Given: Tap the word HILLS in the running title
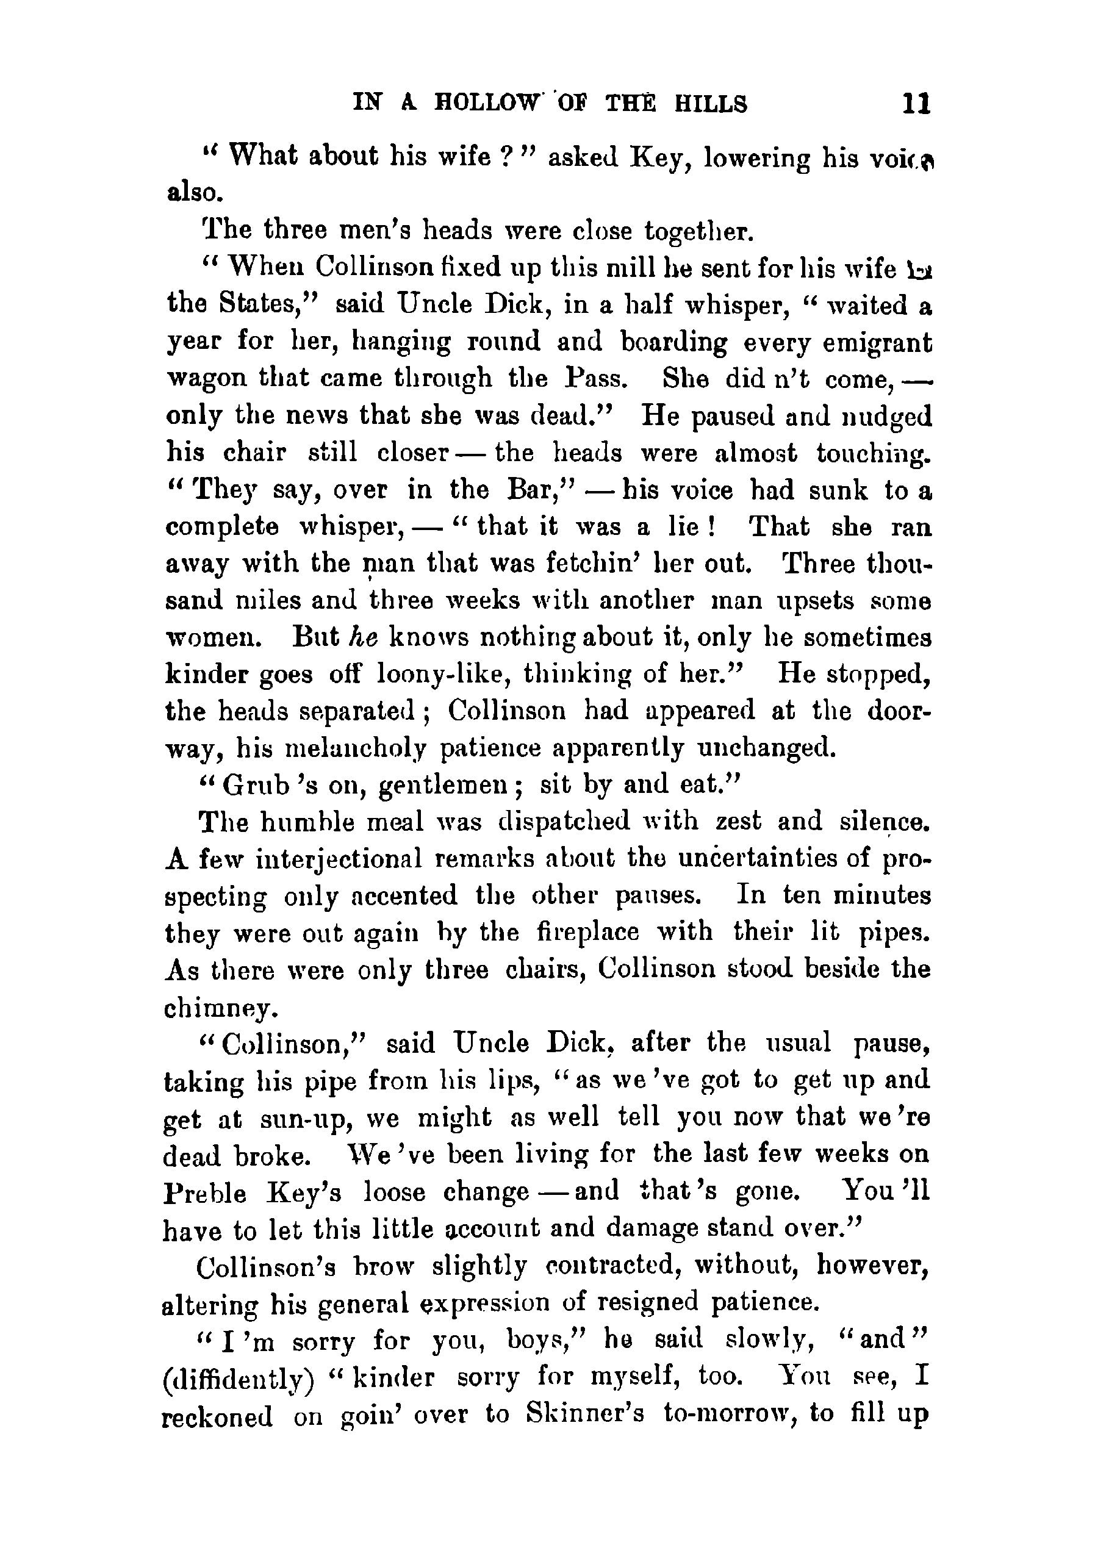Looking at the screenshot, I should (711, 104).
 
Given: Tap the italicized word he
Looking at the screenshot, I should (362, 637).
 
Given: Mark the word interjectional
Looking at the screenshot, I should (339, 859).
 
